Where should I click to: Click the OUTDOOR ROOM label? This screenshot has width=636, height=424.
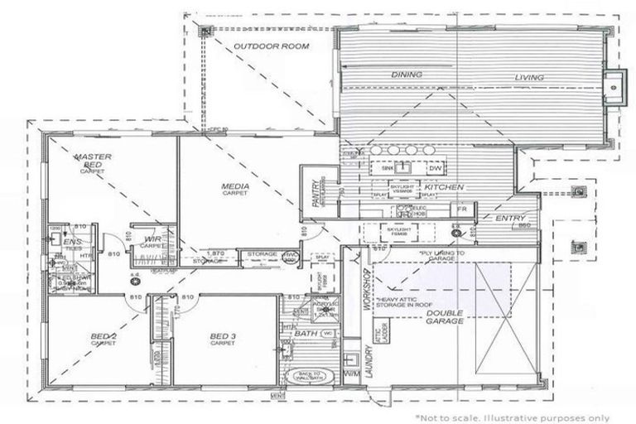pos(271,46)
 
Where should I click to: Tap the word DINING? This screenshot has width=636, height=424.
pos(406,75)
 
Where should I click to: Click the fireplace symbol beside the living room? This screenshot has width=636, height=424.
pos(612,84)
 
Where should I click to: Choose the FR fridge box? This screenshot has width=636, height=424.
pos(463,210)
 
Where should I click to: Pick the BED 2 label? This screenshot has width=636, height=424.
pos(104,337)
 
